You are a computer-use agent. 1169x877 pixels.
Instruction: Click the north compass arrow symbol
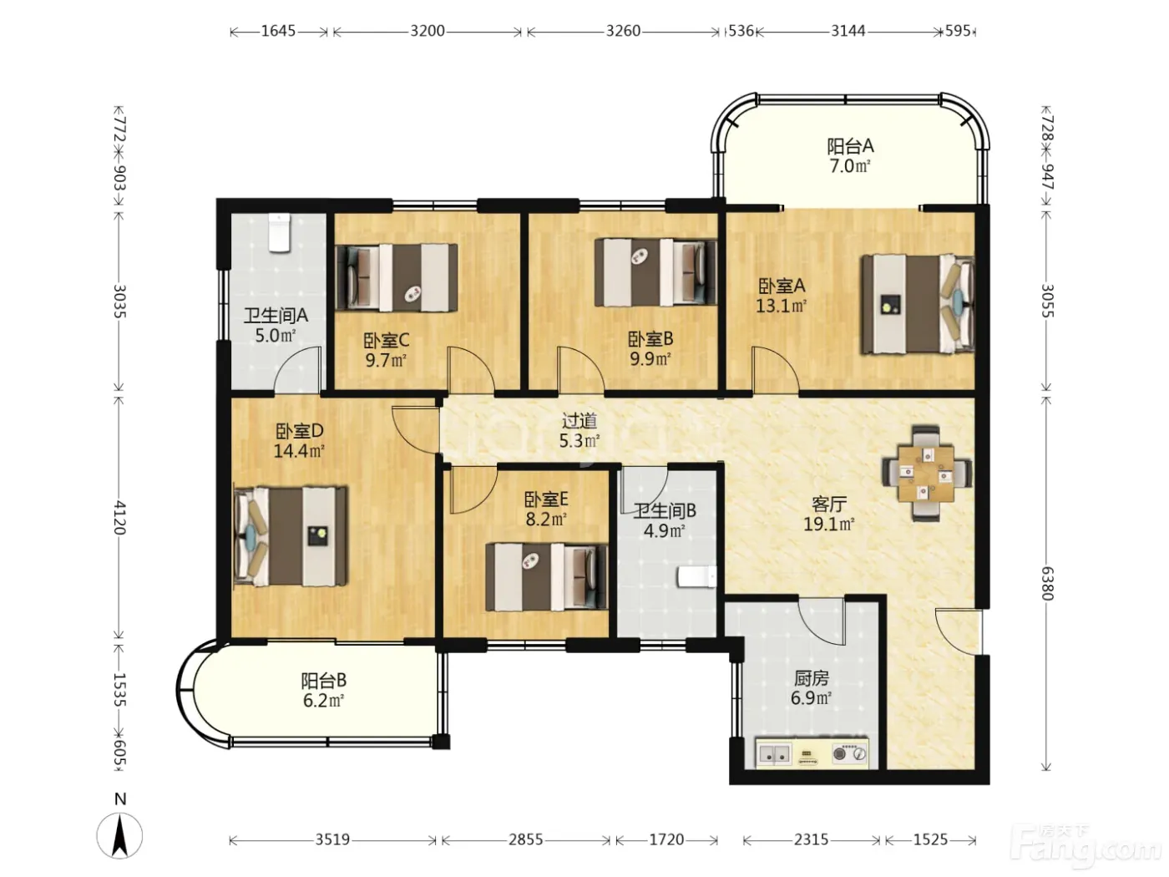click(x=120, y=835)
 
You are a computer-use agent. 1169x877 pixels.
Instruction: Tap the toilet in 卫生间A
click(x=279, y=232)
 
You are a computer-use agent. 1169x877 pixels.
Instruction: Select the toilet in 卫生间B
click(x=696, y=577)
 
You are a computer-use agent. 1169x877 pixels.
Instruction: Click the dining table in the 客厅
click(x=926, y=473)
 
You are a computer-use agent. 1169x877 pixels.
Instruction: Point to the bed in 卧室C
click(x=397, y=277)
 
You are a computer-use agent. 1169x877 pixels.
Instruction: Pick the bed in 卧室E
click(x=546, y=576)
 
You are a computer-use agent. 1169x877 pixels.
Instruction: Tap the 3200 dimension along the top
click(x=428, y=31)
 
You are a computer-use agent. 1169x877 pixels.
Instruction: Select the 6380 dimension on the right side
click(x=1047, y=582)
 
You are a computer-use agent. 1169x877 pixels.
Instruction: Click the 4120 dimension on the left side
click(x=119, y=517)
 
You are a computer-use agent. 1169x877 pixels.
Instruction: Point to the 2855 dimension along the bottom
click(x=526, y=839)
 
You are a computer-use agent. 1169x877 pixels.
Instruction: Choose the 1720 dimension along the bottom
click(x=666, y=839)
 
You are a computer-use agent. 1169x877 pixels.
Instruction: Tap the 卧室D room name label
click(x=299, y=429)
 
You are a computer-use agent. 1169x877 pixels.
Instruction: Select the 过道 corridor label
click(x=579, y=421)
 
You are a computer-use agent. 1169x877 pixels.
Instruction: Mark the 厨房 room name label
click(x=811, y=678)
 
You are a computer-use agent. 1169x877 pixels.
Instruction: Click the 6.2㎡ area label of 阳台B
click(x=323, y=700)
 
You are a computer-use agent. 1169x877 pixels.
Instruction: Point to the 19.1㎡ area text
click(x=828, y=525)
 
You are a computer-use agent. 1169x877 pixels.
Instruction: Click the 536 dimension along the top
click(x=741, y=31)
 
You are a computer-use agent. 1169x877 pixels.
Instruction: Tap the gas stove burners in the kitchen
click(x=849, y=753)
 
